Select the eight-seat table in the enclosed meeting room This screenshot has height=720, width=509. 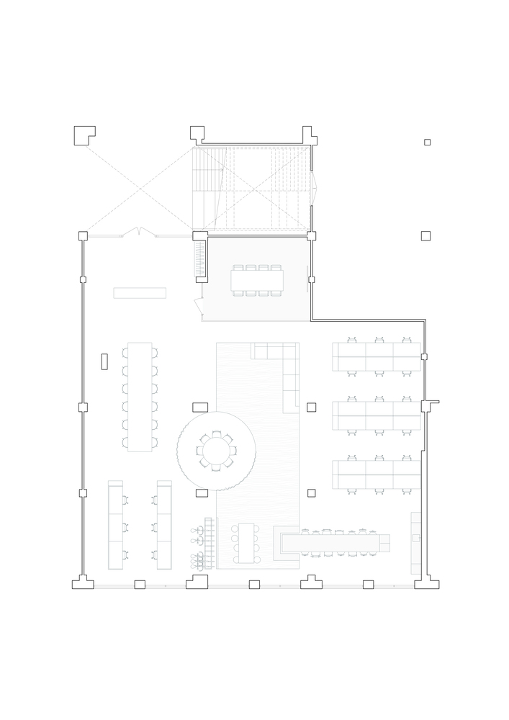pyautogui.click(x=257, y=280)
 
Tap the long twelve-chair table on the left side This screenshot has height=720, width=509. pyautogui.click(x=140, y=397)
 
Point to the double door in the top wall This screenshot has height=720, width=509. pyautogui.click(x=139, y=233)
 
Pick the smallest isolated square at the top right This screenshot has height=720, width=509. pyautogui.click(x=427, y=142)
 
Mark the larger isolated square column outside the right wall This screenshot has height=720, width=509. pyautogui.click(x=425, y=235)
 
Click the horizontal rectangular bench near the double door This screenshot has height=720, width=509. pyautogui.click(x=140, y=293)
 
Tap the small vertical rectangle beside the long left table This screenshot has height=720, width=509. pyautogui.click(x=104, y=361)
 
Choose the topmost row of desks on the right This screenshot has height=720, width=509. pyautogui.click(x=377, y=356)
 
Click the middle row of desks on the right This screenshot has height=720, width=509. pyautogui.click(x=377, y=415)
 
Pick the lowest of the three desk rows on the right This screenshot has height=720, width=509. pyautogui.click(x=377, y=474)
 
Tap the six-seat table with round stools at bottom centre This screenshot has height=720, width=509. pyautogui.click(x=246, y=543)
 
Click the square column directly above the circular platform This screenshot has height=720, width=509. pyautogui.click(x=201, y=407)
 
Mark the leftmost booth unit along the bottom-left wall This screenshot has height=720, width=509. pyautogui.click(x=115, y=525)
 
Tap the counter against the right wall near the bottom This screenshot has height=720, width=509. pyautogui.click(x=415, y=544)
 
